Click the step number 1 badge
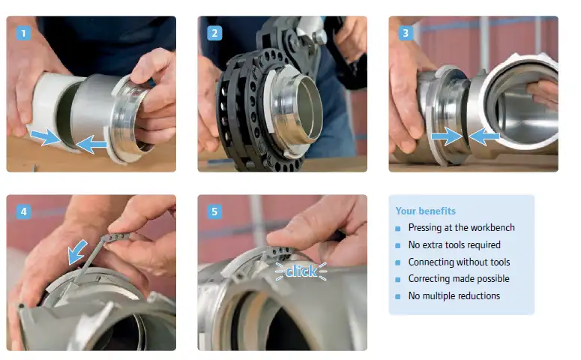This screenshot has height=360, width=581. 23,33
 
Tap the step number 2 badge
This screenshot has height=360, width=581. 214,33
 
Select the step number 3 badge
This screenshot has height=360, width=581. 406,33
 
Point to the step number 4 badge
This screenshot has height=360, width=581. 23,211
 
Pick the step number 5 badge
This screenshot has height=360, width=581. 214,211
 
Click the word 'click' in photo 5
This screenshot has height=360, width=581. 301,271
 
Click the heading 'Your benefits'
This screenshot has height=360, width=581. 425,211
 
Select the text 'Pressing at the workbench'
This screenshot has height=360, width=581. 461,227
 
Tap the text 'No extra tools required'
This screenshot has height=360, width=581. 454,244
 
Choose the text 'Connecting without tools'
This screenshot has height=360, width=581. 459,262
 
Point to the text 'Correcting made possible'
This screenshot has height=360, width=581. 459,278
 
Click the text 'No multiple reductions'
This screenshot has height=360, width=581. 454,295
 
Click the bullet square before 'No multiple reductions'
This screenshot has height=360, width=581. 398,296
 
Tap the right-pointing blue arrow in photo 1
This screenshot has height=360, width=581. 45,136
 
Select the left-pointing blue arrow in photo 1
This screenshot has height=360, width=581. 91,144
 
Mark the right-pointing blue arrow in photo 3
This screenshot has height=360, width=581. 448,136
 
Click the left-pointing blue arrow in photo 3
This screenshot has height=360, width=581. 484,136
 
